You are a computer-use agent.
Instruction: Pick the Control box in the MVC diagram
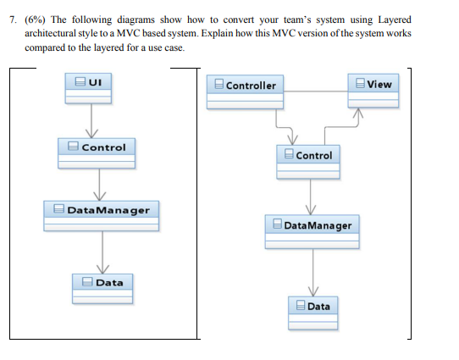point(309,163)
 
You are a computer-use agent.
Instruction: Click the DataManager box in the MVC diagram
point(311,232)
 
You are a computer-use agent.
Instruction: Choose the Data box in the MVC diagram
point(314,313)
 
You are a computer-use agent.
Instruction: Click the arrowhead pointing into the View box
point(358,113)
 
